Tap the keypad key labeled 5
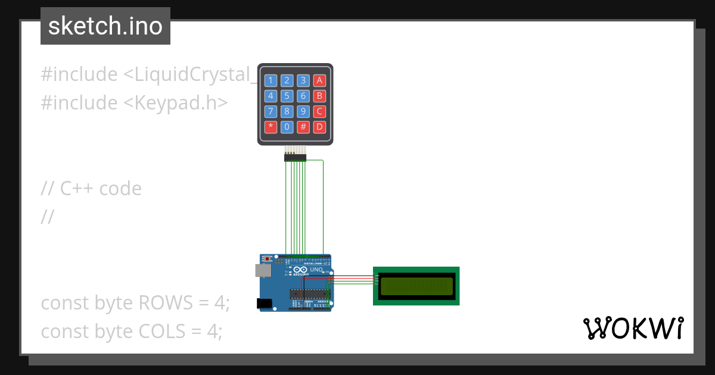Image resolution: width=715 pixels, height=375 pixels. [287, 95]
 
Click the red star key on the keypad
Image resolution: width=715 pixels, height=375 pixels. [271, 126]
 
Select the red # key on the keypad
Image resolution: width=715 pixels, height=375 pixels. [303, 126]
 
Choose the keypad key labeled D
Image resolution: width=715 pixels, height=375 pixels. [319, 126]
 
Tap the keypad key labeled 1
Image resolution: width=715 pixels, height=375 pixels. [271, 80]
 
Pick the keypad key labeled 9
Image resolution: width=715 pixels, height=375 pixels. [303, 111]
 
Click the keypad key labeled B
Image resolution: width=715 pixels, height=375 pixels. [319, 95]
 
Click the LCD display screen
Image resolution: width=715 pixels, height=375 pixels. [416, 286]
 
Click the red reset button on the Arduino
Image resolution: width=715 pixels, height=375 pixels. [269, 259]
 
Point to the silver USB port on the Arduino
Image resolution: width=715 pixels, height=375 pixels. [262, 271]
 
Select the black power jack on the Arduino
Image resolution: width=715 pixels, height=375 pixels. [264, 304]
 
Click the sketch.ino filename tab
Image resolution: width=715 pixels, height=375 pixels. [105, 26]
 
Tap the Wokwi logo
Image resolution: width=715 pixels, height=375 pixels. [633, 329]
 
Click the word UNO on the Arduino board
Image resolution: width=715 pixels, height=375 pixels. [316, 270]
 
